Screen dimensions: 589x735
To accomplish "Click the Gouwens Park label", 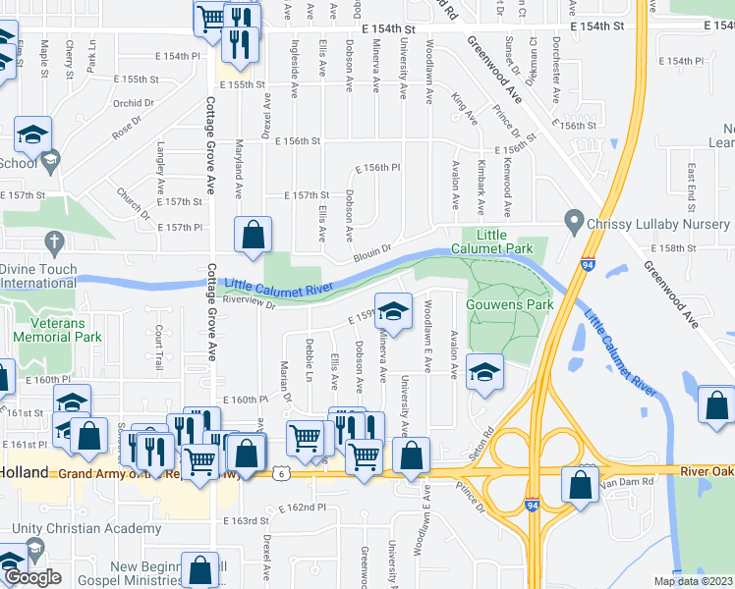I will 511,304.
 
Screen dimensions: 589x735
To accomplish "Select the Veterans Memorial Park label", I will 58,329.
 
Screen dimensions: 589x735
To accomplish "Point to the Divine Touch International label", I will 39,275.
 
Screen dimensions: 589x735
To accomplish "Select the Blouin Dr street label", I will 373,250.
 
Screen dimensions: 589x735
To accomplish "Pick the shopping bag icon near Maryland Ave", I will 253,235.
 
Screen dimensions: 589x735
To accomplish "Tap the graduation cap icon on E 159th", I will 393,312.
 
